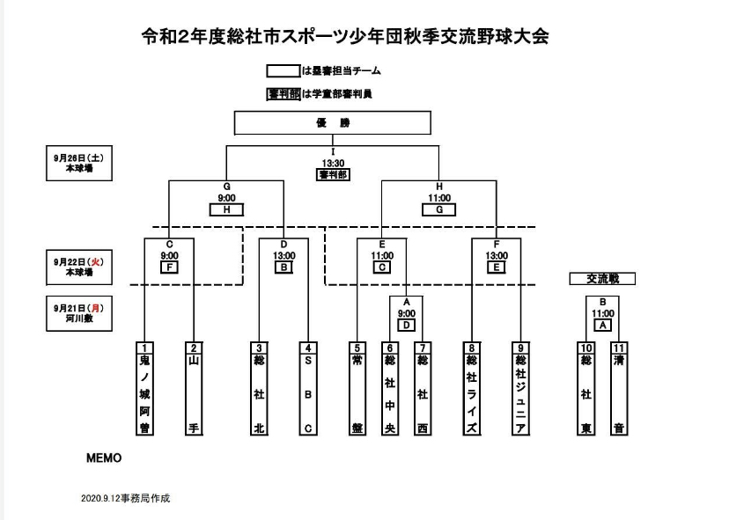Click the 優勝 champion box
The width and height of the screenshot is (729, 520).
[333, 123]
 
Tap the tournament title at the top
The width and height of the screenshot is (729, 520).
[345, 37]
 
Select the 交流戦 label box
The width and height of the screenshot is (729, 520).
[602, 278]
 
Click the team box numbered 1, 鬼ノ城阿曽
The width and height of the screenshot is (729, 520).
[145, 388]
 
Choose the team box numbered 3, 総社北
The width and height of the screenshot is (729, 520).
[260, 388]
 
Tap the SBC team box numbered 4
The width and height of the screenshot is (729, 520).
[307, 388]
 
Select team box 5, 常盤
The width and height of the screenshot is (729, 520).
[357, 388]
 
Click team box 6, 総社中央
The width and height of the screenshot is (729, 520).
[388, 388]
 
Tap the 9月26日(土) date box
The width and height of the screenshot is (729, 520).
[82, 164]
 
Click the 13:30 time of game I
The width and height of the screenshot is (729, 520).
[333, 163]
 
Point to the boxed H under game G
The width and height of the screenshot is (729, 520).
[226, 210]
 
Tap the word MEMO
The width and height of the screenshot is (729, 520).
[103, 458]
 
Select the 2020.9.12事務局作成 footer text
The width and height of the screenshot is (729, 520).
[125, 498]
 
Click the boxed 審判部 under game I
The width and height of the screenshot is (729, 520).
[333, 174]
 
